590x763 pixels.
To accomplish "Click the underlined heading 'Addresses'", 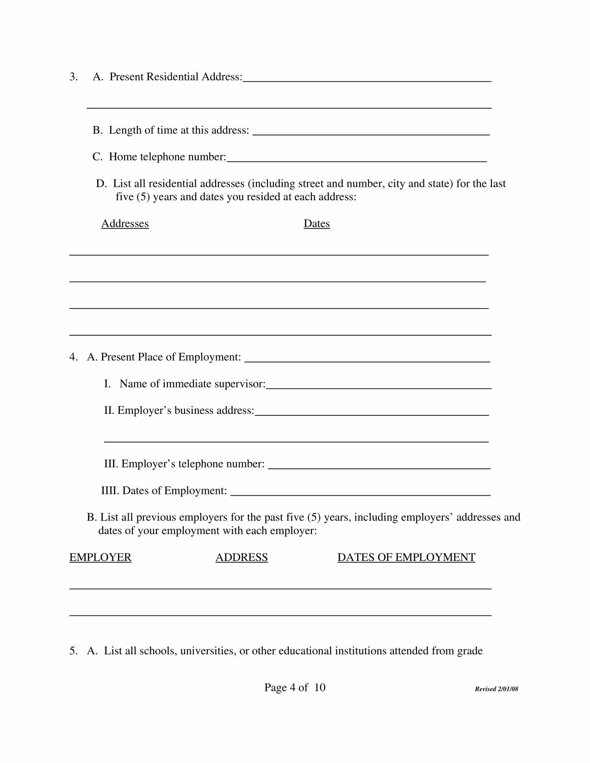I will [125, 224].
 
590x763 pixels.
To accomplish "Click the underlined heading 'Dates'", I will [317, 224].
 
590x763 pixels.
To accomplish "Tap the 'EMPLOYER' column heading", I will [100, 557].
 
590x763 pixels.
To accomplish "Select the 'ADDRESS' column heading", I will [242, 557].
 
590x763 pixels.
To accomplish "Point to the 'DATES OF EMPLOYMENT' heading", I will [406, 557].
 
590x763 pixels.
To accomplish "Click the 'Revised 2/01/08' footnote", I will [497, 689].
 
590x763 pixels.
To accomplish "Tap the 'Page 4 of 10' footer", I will [295, 688].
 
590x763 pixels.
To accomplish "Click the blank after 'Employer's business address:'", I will [372, 412].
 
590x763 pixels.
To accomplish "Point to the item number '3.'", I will [74, 77].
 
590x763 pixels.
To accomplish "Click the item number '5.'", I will [74, 651].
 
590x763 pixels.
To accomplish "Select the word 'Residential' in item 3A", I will [172, 77].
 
